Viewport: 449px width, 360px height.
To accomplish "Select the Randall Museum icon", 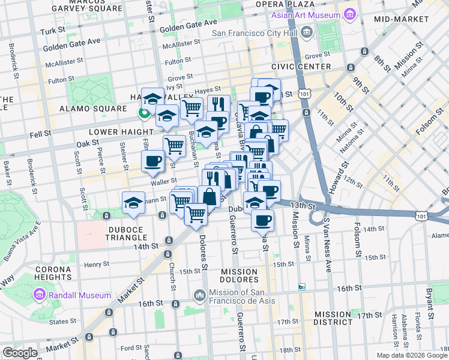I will point(40,295).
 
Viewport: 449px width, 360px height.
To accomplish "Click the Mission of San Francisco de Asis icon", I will point(200,296).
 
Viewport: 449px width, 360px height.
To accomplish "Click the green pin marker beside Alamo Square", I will point(144,112).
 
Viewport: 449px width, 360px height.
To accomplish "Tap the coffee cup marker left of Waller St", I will point(152,161).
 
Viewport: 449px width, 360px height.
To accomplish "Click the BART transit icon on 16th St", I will point(302,287).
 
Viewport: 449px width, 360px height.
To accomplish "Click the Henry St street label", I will point(96,264).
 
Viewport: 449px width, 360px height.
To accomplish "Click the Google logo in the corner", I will point(20,353).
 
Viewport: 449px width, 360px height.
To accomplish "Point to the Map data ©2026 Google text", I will point(412,355).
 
